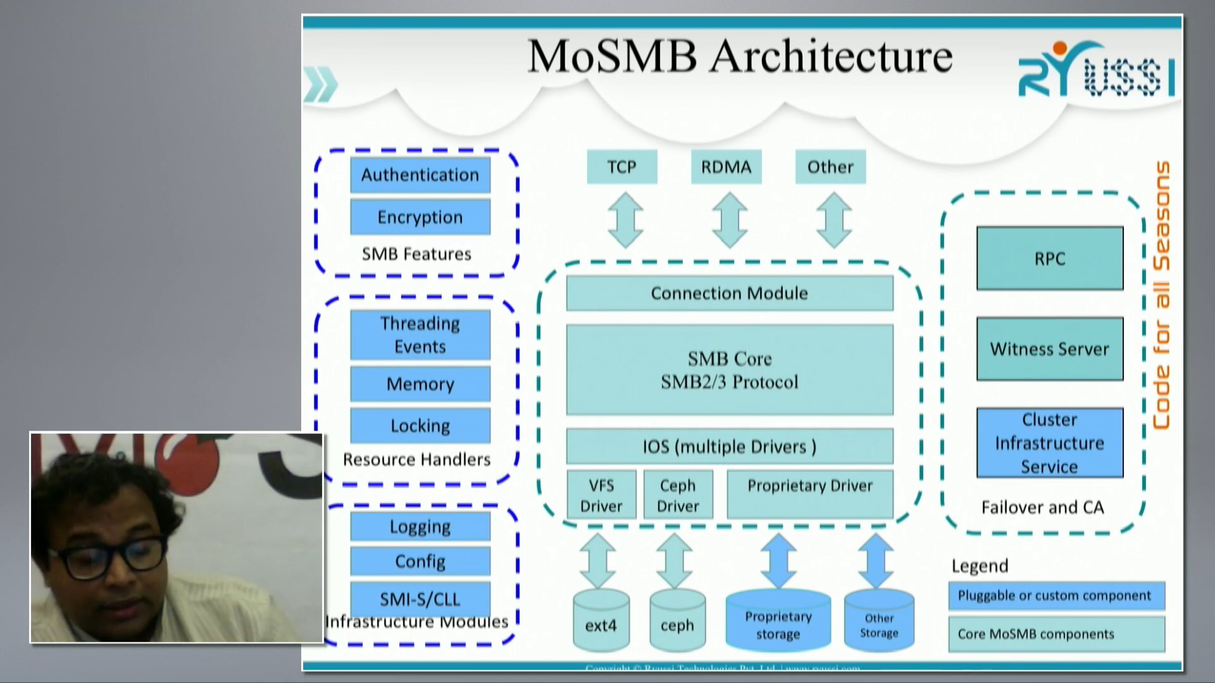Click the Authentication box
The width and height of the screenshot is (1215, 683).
(420, 175)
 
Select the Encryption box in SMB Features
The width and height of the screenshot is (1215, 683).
(420, 217)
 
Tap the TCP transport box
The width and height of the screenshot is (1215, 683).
(622, 167)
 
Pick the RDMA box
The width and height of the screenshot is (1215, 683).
(726, 167)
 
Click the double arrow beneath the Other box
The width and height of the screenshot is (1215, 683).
(834, 220)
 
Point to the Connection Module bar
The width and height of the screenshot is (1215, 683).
(730, 293)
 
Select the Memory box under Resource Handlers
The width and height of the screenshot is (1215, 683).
(420, 384)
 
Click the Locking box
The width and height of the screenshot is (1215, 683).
(420, 426)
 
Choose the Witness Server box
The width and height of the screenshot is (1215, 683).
(1049, 349)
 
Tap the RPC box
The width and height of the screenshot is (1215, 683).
(1049, 259)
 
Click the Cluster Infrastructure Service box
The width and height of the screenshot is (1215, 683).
(1049, 443)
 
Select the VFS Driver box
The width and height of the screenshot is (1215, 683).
(601, 495)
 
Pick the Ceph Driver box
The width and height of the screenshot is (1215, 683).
(678, 495)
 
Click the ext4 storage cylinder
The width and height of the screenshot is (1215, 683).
(601, 622)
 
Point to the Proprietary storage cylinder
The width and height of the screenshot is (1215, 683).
(778, 622)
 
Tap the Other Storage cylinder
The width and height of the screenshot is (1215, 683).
(879, 622)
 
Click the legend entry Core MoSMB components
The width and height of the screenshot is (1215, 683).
(1057, 634)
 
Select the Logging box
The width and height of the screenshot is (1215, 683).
(420, 527)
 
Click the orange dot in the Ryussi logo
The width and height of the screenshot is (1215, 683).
(1060, 49)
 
